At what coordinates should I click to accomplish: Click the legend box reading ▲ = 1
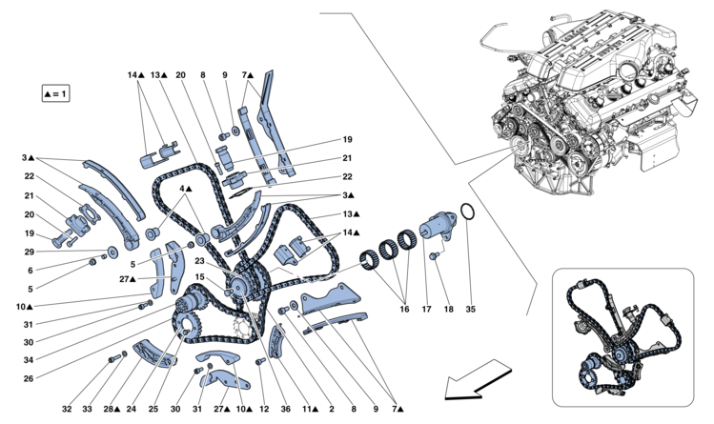click(x=56, y=93)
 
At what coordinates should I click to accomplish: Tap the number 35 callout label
click(x=470, y=310)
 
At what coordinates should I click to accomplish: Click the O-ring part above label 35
click(x=468, y=212)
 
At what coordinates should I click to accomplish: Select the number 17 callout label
click(x=426, y=310)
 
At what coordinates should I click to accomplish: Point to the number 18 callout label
click(x=449, y=310)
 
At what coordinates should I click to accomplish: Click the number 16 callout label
click(x=404, y=310)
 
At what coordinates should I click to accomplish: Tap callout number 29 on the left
click(x=30, y=252)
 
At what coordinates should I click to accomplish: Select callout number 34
click(x=29, y=360)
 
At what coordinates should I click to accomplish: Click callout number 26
click(x=29, y=378)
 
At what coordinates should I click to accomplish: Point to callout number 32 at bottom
click(x=67, y=409)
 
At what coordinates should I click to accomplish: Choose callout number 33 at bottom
click(x=87, y=409)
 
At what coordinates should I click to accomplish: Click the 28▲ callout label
click(x=112, y=409)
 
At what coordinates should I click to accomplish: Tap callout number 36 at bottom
click(x=285, y=409)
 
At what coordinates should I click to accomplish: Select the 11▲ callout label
click(x=310, y=409)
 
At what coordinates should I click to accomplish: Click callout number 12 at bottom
click(x=264, y=409)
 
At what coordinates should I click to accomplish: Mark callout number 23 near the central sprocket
click(x=200, y=261)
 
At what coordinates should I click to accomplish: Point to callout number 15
click(x=200, y=276)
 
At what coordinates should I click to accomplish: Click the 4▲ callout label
click(x=186, y=189)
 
